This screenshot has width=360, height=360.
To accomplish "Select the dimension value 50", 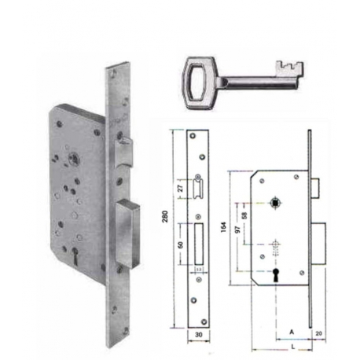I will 184,246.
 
